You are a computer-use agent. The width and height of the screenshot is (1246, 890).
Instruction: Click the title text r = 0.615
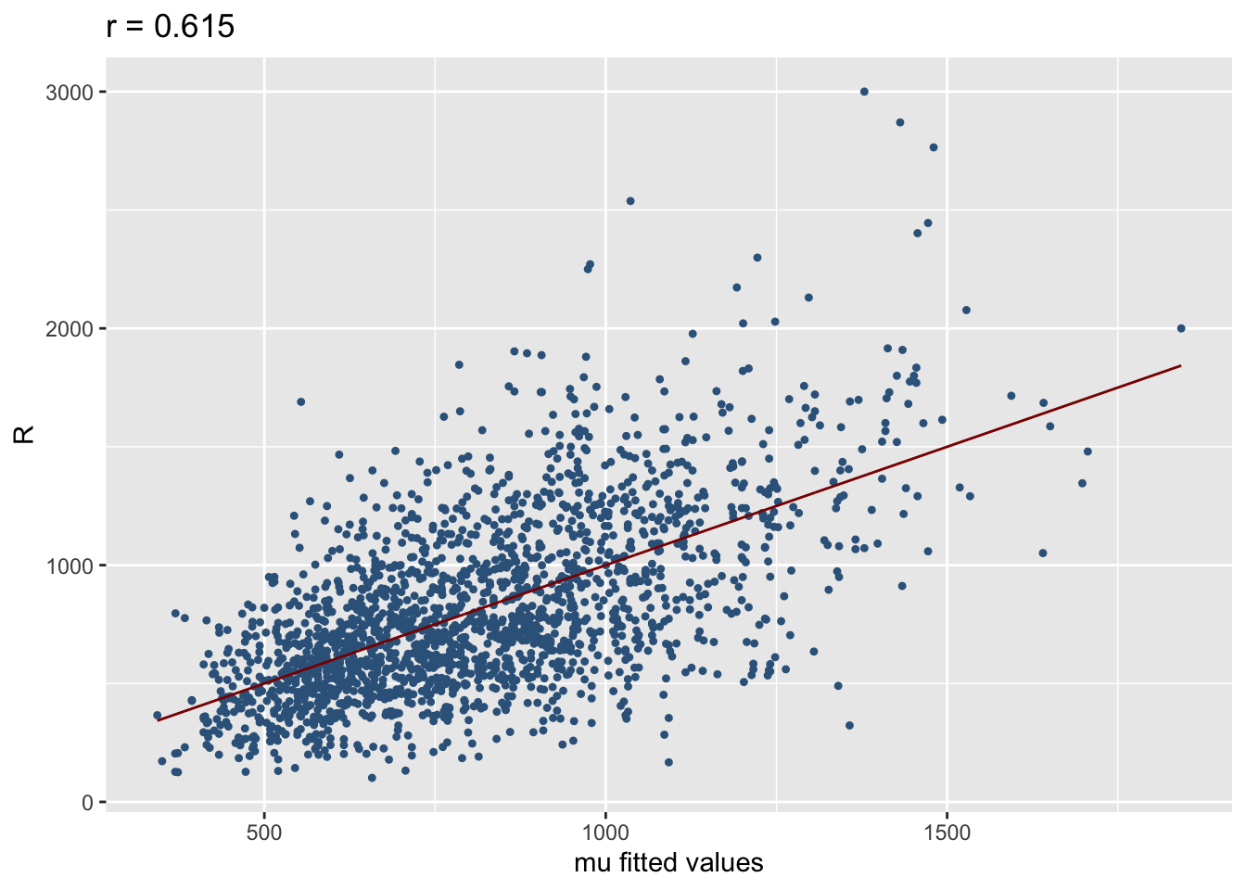pyautogui.click(x=171, y=27)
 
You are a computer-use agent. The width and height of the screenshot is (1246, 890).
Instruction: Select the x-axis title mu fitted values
pyautogui.click(x=668, y=863)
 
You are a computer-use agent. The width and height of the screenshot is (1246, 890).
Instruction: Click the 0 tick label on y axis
pyautogui.click(x=88, y=803)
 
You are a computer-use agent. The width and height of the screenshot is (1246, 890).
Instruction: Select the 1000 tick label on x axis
pyautogui.click(x=605, y=833)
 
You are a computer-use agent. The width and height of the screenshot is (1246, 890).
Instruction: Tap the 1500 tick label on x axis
pyautogui.click(x=947, y=833)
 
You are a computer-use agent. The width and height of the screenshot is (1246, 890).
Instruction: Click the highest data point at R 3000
pyautogui.click(x=864, y=92)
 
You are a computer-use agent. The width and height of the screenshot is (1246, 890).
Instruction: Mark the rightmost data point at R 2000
pyautogui.click(x=1180, y=328)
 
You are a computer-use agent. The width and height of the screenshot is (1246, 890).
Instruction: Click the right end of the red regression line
pyautogui.click(x=1180, y=365)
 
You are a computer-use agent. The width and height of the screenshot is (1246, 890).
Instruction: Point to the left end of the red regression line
pyautogui.click(x=158, y=720)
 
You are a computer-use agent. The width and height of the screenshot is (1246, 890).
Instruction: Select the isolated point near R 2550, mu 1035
pyautogui.click(x=629, y=201)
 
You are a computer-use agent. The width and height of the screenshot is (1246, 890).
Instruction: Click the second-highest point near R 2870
pyautogui.click(x=899, y=122)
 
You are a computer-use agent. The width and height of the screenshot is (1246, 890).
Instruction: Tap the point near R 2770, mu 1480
pyautogui.click(x=934, y=147)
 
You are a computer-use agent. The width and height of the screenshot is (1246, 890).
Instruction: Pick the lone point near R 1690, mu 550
pyautogui.click(x=300, y=401)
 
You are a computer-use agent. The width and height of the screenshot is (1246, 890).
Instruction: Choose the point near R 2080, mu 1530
pyautogui.click(x=966, y=310)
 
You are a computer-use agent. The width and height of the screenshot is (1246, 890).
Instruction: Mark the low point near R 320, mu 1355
pyautogui.click(x=849, y=725)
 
